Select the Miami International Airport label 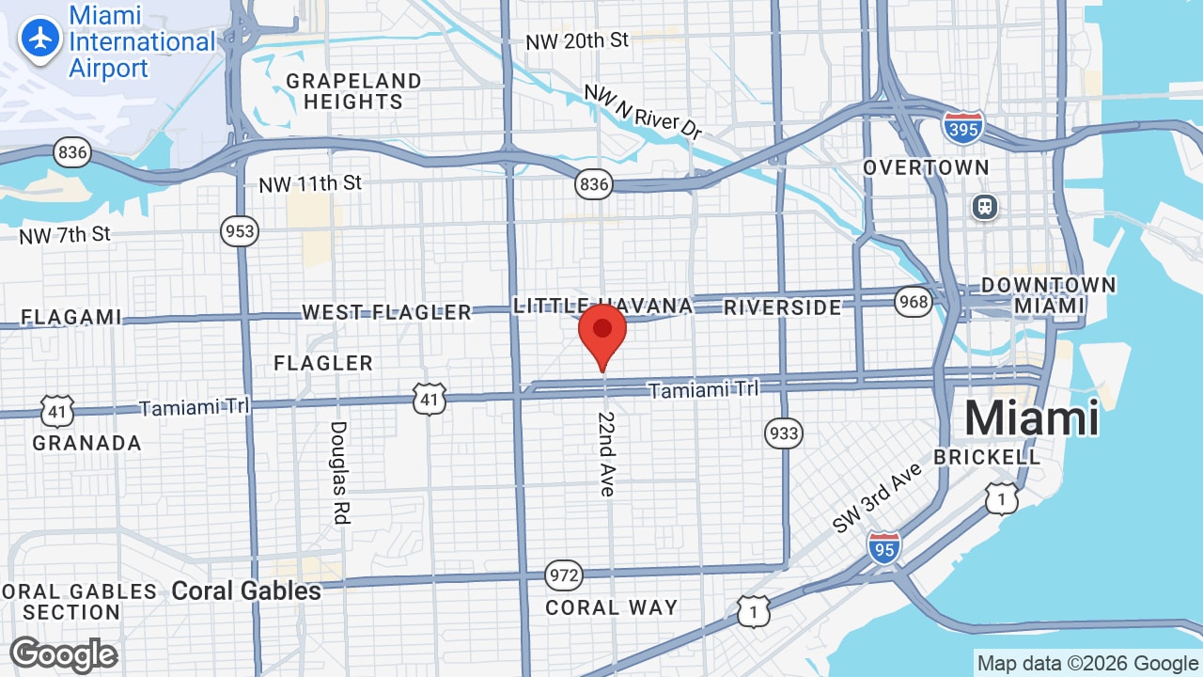(x=141, y=42)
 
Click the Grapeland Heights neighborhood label (x=353, y=91)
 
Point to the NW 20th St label (x=576, y=40)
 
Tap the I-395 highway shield (x=963, y=128)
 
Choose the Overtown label (x=926, y=167)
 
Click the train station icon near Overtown (x=985, y=206)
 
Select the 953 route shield (x=240, y=231)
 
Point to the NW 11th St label (x=310, y=183)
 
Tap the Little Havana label (x=602, y=306)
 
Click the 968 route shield (x=913, y=301)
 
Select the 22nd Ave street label (x=607, y=453)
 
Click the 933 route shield (x=783, y=433)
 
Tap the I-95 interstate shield (x=883, y=546)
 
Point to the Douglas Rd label (x=338, y=471)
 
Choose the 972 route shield (x=563, y=575)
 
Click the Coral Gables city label (x=246, y=590)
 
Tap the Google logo (x=64, y=654)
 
